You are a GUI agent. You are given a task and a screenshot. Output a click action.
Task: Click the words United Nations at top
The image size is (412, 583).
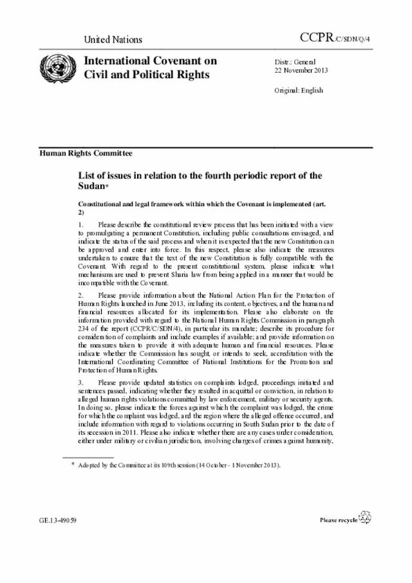113,40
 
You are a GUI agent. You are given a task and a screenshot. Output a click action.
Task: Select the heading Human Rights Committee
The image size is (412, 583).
86,153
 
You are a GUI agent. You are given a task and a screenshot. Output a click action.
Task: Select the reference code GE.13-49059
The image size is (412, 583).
59,519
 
